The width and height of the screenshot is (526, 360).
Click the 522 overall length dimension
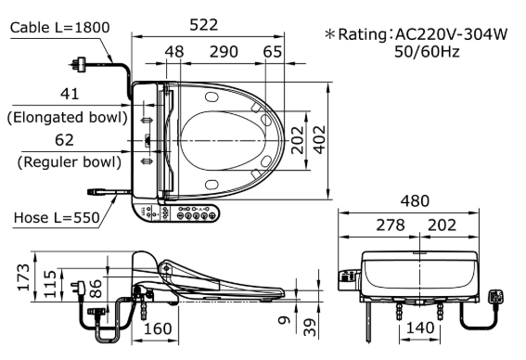click(x=203, y=25)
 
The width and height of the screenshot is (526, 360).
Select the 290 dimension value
click(x=224, y=52)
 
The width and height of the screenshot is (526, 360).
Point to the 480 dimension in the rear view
click(x=415, y=201)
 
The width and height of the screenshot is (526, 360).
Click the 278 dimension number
click(x=391, y=225)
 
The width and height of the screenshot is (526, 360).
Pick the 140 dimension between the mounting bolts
click(x=420, y=328)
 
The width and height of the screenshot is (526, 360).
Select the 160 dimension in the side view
click(x=158, y=328)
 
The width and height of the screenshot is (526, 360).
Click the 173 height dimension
click(x=23, y=276)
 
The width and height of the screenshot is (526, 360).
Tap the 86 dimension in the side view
click(x=96, y=289)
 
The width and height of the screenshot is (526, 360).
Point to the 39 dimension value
click(x=310, y=328)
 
